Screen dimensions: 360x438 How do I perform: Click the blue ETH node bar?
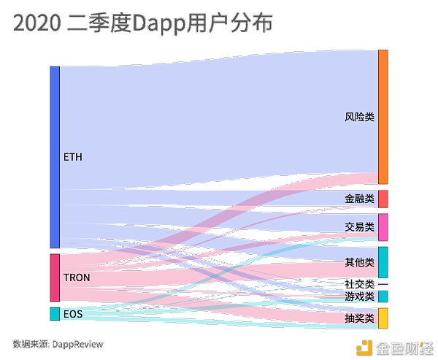54,157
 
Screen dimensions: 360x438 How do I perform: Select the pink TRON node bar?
54,277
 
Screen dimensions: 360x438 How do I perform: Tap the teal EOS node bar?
54,314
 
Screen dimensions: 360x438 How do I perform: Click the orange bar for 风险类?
383,117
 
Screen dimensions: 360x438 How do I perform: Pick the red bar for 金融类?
383,199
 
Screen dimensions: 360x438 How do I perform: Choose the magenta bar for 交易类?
383,227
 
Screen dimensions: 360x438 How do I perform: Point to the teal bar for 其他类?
383,262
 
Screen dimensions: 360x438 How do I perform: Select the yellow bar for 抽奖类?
383,318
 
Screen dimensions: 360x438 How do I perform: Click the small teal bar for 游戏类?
383,296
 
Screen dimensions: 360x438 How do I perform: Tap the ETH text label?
73,157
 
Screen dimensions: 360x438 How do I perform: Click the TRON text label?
77,278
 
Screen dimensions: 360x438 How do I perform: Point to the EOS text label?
72,315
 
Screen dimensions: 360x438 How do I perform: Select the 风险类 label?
359,117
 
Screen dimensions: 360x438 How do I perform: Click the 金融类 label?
359,199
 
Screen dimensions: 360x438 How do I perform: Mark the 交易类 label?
359,227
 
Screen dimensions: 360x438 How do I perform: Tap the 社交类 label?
359,284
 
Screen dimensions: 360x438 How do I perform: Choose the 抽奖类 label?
359,319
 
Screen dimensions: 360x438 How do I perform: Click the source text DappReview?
77,343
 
